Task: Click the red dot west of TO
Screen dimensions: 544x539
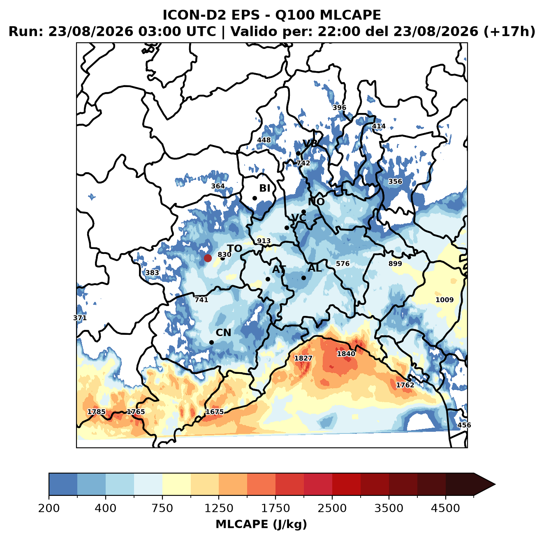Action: [208, 258]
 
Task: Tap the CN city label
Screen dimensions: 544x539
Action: [223, 333]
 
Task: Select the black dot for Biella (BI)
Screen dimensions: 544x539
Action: [255, 198]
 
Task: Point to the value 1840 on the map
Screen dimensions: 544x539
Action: [346, 354]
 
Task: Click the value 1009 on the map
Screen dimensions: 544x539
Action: [444, 300]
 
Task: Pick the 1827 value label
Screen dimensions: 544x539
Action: [303, 358]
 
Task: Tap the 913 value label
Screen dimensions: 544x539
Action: [264, 241]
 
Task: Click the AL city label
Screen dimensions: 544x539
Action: [315, 268]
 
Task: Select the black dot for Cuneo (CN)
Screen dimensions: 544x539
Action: [211, 342]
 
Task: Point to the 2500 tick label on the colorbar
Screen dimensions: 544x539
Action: [332, 508]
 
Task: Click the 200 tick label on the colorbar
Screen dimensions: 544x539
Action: [49, 508]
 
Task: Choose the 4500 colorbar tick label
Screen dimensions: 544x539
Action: [445, 508]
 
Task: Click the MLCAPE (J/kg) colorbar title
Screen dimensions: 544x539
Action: [261, 524]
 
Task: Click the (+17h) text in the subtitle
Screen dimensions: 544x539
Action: [509, 32]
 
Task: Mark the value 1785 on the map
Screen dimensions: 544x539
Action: [96, 412]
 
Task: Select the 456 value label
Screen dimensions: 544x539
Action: [464, 425]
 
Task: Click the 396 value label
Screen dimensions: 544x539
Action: [339, 108]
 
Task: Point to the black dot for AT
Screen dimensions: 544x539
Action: [268, 279]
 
